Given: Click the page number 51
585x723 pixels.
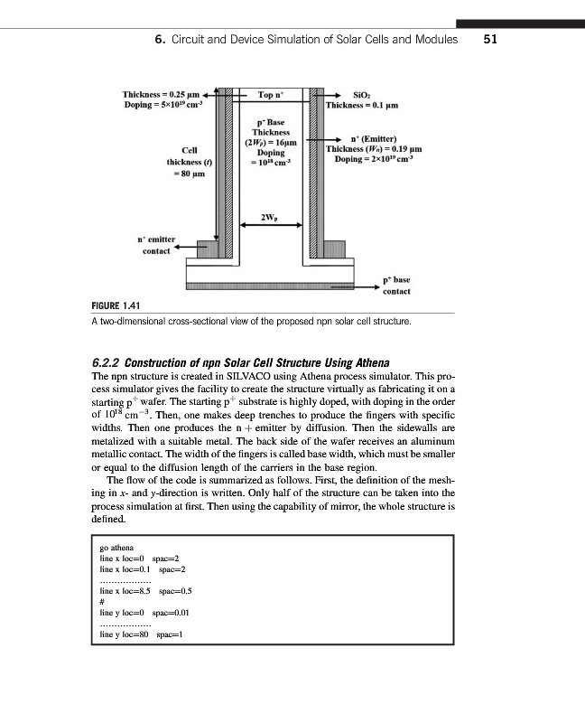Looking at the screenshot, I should pyautogui.click(x=491, y=40).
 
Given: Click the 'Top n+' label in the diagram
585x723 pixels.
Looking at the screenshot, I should pyautogui.click(x=272, y=95).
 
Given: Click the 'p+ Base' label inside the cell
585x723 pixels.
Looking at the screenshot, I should pyautogui.click(x=270, y=121).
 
